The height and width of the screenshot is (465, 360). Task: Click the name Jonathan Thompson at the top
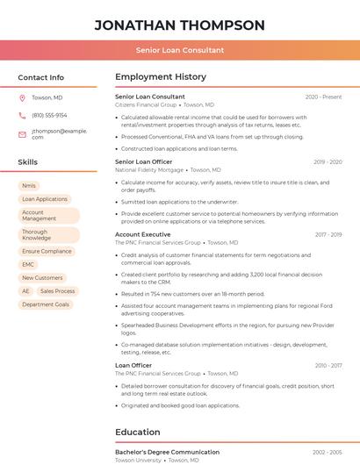[x=179, y=25]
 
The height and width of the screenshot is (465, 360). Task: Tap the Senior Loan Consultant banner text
[x=179, y=51]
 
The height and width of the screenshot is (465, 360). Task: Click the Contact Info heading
[x=41, y=77]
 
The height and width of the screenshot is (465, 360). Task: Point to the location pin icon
[x=22, y=97]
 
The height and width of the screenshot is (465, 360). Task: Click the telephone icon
[x=22, y=116]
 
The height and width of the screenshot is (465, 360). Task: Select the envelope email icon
[x=22, y=134]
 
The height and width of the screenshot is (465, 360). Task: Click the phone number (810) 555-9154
[x=49, y=116]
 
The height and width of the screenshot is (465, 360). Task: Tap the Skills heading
[x=28, y=162]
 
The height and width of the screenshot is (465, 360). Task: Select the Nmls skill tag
[x=29, y=186]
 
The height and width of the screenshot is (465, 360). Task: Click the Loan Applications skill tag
[x=45, y=199]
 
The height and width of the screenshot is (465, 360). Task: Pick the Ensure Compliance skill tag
[x=47, y=251]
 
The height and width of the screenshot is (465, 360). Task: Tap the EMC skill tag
[x=28, y=264]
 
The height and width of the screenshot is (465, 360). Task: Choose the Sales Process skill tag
[x=58, y=290]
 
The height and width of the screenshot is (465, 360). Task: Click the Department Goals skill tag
[x=46, y=304]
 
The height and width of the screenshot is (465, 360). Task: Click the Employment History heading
[x=161, y=77]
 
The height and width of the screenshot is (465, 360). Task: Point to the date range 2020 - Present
[x=323, y=97]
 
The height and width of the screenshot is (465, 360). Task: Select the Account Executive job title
[x=143, y=235]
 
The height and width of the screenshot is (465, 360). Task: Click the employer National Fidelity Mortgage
[x=149, y=169]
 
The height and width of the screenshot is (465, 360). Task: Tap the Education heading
[x=138, y=432]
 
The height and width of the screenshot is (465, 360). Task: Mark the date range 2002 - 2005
[x=327, y=452]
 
